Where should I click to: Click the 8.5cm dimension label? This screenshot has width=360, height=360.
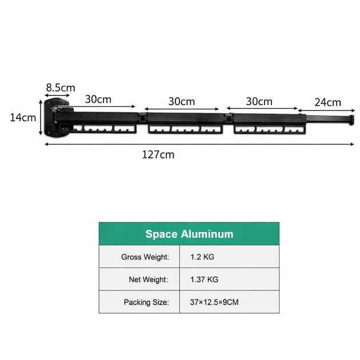[x=61, y=87]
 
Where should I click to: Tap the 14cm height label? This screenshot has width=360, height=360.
[x=23, y=118]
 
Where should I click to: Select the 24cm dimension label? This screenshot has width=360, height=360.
[x=328, y=102]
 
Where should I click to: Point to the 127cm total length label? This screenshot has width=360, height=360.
[x=158, y=154]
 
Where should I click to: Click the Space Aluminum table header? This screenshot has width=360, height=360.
[x=189, y=234]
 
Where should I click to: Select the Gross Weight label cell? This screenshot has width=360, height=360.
[x=139, y=257]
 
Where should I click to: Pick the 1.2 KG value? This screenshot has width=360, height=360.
[x=202, y=257]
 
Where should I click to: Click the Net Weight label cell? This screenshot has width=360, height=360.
[x=139, y=279]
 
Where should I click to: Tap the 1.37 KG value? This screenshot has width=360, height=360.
[x=204, y=279]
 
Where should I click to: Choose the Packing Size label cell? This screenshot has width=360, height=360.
[x=139, y=302]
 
